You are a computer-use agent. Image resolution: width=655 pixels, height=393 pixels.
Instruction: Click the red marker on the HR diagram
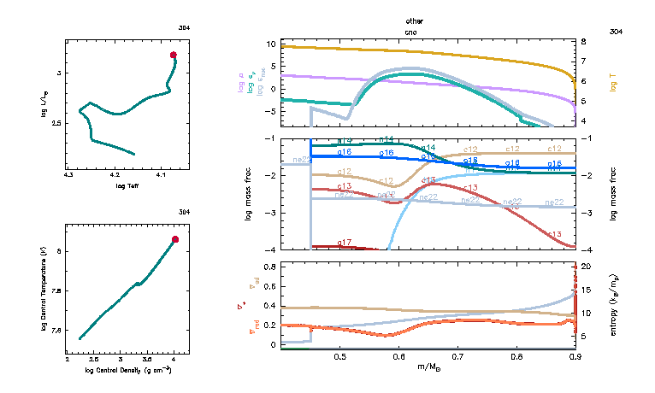pos(174,55)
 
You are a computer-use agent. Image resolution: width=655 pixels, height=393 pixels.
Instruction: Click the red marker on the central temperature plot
pos(175,239)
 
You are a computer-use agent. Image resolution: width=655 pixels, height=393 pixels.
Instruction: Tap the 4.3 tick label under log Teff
pos(69,174)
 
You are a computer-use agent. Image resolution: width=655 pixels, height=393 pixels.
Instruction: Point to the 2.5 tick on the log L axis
pos(57,122)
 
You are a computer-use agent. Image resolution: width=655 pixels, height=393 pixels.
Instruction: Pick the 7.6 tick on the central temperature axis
pos(57,330)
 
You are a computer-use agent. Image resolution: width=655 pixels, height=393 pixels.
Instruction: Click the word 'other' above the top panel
pos(415,21)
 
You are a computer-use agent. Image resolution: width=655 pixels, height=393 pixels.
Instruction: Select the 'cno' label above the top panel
pos(415,30)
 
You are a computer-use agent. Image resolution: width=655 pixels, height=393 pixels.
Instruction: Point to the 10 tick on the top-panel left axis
pos(271,44)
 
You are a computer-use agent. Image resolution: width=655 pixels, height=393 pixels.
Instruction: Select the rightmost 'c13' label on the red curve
pos(553,234)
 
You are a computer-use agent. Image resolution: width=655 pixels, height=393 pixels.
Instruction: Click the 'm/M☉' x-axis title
pos(427,367)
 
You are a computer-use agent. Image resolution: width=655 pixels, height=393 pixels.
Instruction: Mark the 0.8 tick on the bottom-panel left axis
pos(271,267)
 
